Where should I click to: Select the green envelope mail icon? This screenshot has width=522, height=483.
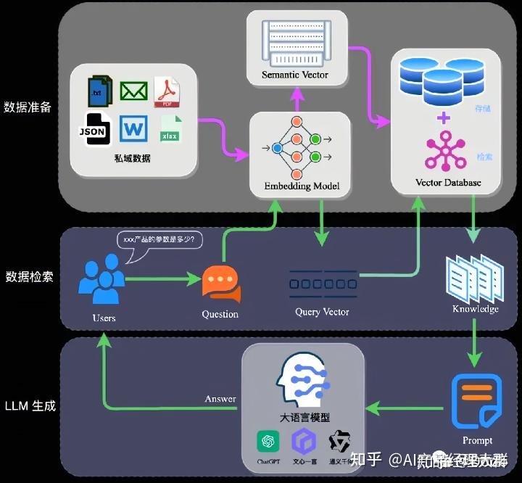[x=133, y=91]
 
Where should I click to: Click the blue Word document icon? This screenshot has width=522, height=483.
[x=133, y=131]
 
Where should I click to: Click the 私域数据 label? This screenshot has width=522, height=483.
[x=133, y=157]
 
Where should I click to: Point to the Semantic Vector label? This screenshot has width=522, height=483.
[x=295, y=75]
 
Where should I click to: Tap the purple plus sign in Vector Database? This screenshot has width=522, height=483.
[x=444, y=117]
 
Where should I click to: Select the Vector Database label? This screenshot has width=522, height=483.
[x=447, y=182]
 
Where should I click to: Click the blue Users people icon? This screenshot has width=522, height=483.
[x=102, y=280]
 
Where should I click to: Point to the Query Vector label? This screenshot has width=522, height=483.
[x=322, y=312]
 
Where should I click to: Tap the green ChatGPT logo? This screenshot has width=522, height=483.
[x=268, y=441]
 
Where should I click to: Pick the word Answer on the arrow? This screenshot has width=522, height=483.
[x=220, y=399]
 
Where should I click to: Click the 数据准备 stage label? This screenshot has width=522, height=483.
[x=28, y=107]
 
